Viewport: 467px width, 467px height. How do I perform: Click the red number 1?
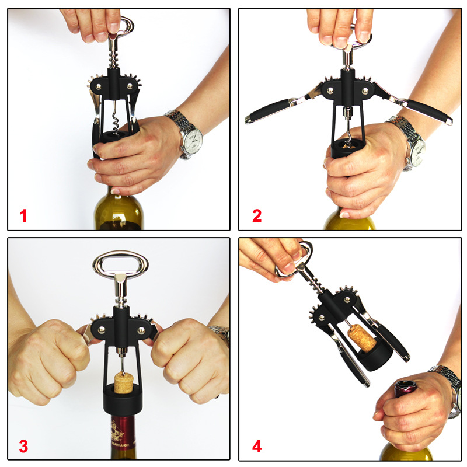coord(23,215)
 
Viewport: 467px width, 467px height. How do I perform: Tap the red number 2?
coord(257,215)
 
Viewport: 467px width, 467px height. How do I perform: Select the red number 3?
coord(23,446)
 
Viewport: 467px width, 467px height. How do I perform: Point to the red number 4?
coord(257,446)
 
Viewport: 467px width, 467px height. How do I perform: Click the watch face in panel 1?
coord(193,140)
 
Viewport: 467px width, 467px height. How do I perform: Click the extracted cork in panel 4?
coord(362,338)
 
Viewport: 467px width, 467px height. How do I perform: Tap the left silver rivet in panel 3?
coord(102,329)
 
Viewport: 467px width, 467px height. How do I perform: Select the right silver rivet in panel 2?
coord(365,91)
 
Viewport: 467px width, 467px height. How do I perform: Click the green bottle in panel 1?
coord(119,210)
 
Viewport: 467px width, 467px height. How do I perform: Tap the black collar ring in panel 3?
coord(123,399)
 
